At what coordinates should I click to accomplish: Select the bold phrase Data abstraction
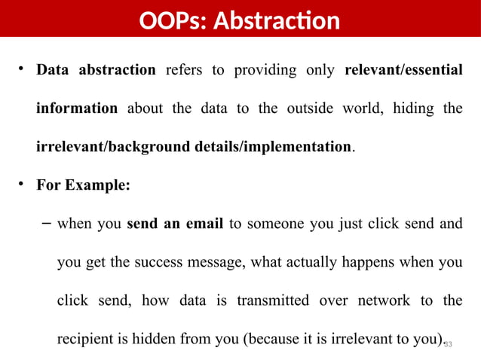(96, 71)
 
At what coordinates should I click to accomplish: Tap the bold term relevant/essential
(403, 71)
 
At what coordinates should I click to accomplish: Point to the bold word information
(77, 108)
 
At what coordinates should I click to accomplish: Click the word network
(377, 301)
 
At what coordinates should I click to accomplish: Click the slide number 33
(447, 344)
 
